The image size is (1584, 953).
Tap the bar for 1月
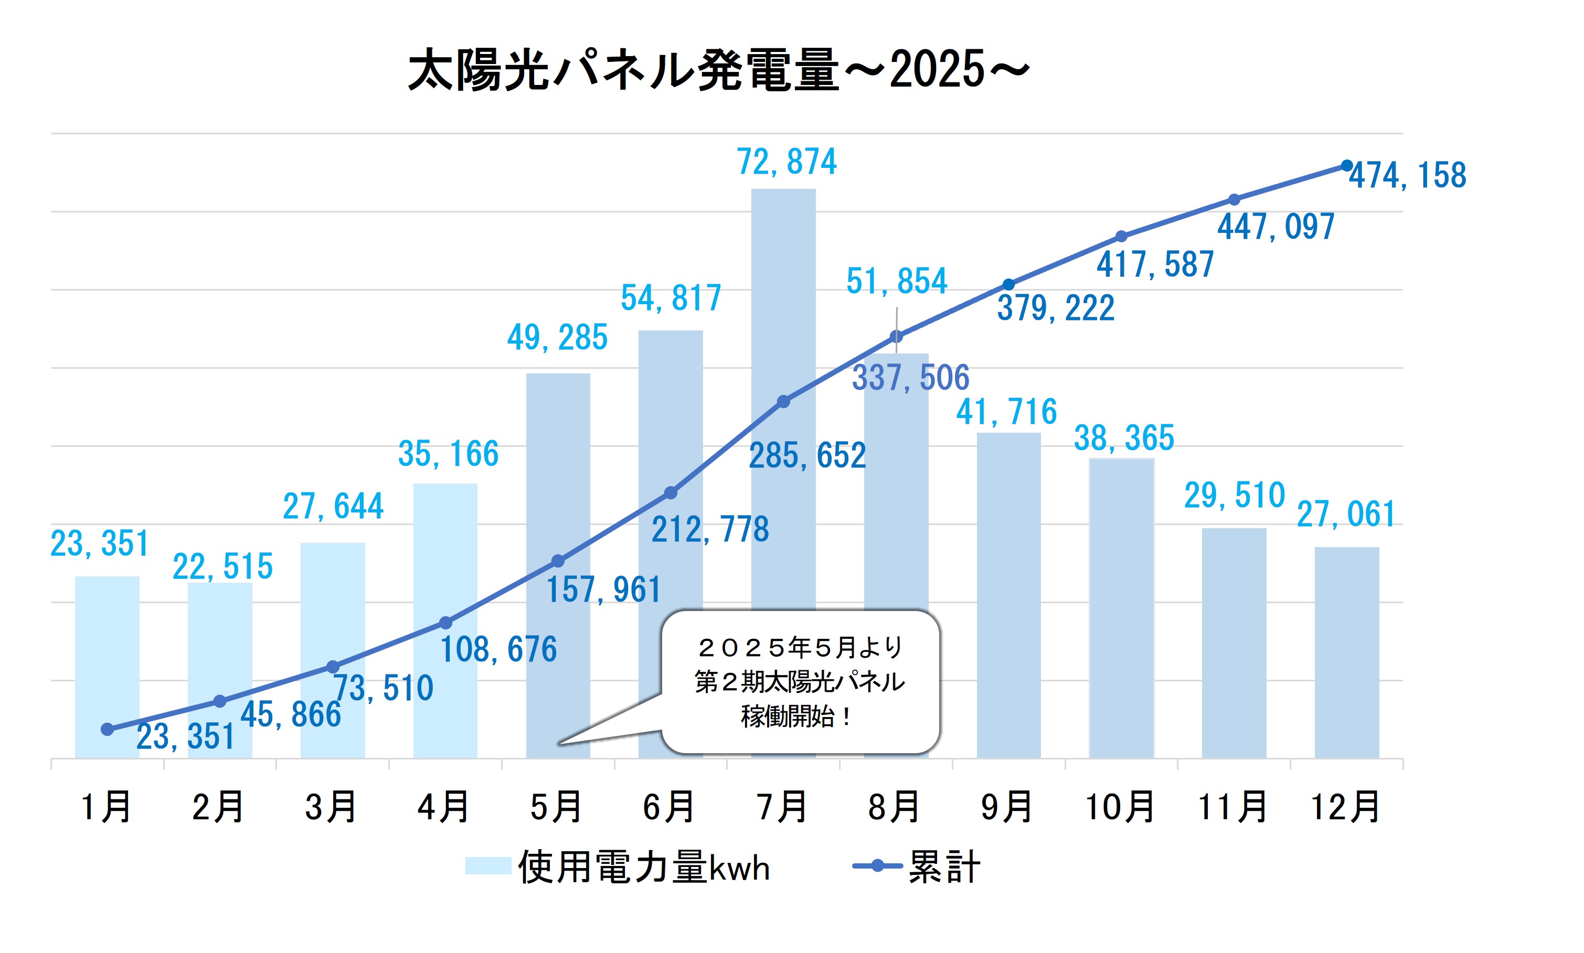click(107, 649)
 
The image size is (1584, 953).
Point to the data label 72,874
click(786, 161)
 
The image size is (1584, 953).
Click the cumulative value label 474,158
click(1407, 175)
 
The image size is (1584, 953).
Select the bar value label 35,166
click(449, 454)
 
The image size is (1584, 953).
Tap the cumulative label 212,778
click(710, 530)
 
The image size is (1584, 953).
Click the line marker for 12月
click(1346, 166)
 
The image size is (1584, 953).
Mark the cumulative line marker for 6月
click(671, 492)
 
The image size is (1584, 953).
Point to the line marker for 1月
click(107, 729)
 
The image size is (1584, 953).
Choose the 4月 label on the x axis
click(444, 807)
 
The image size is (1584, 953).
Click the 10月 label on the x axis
click(1120, 807)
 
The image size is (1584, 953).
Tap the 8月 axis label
click(895, 807)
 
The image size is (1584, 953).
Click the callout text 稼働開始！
click(797, 716)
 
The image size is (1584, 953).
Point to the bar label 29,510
click(1234, 496)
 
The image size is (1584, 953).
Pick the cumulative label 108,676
click(498, 649)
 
